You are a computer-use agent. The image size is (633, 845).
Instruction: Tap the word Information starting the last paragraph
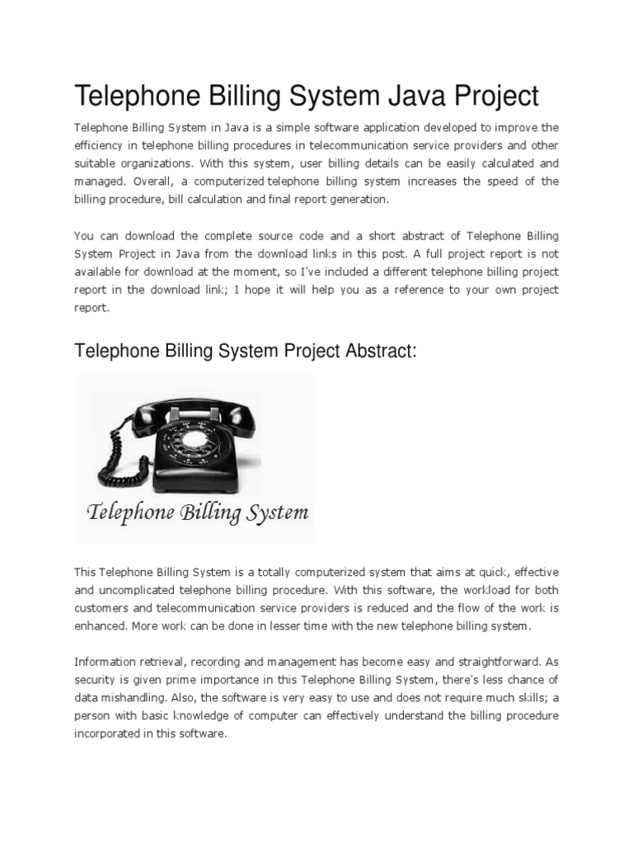108,661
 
